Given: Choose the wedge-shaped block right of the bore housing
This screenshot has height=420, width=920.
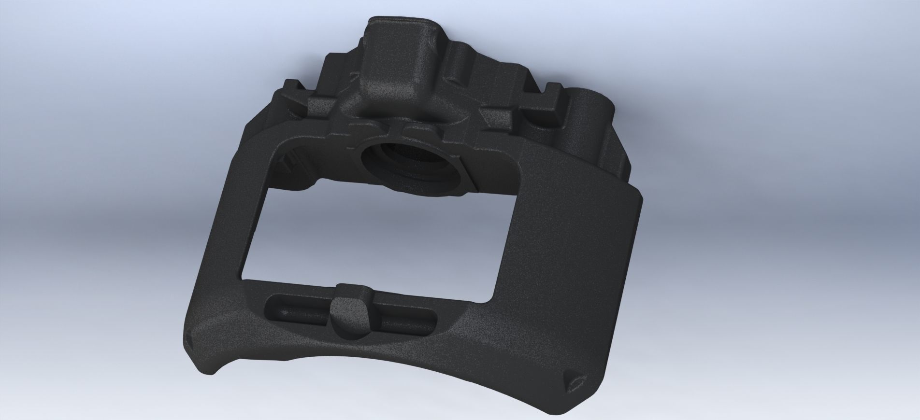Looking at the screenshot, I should (503, 116).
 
